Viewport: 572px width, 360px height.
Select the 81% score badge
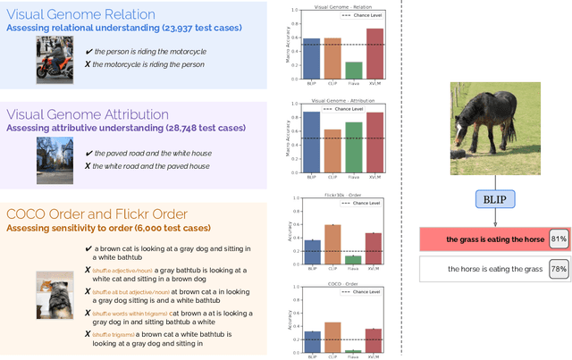tap(559, 239)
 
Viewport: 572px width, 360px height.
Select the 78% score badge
tap(559, 269)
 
